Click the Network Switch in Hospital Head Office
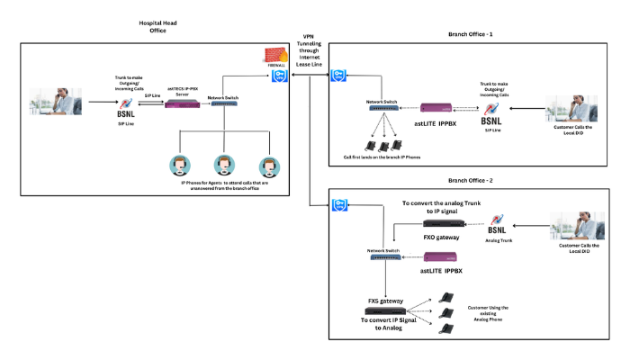(222, 105)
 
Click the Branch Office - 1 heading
(472, 34)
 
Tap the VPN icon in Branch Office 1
(339, 76)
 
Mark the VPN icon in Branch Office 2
(339, 205)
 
